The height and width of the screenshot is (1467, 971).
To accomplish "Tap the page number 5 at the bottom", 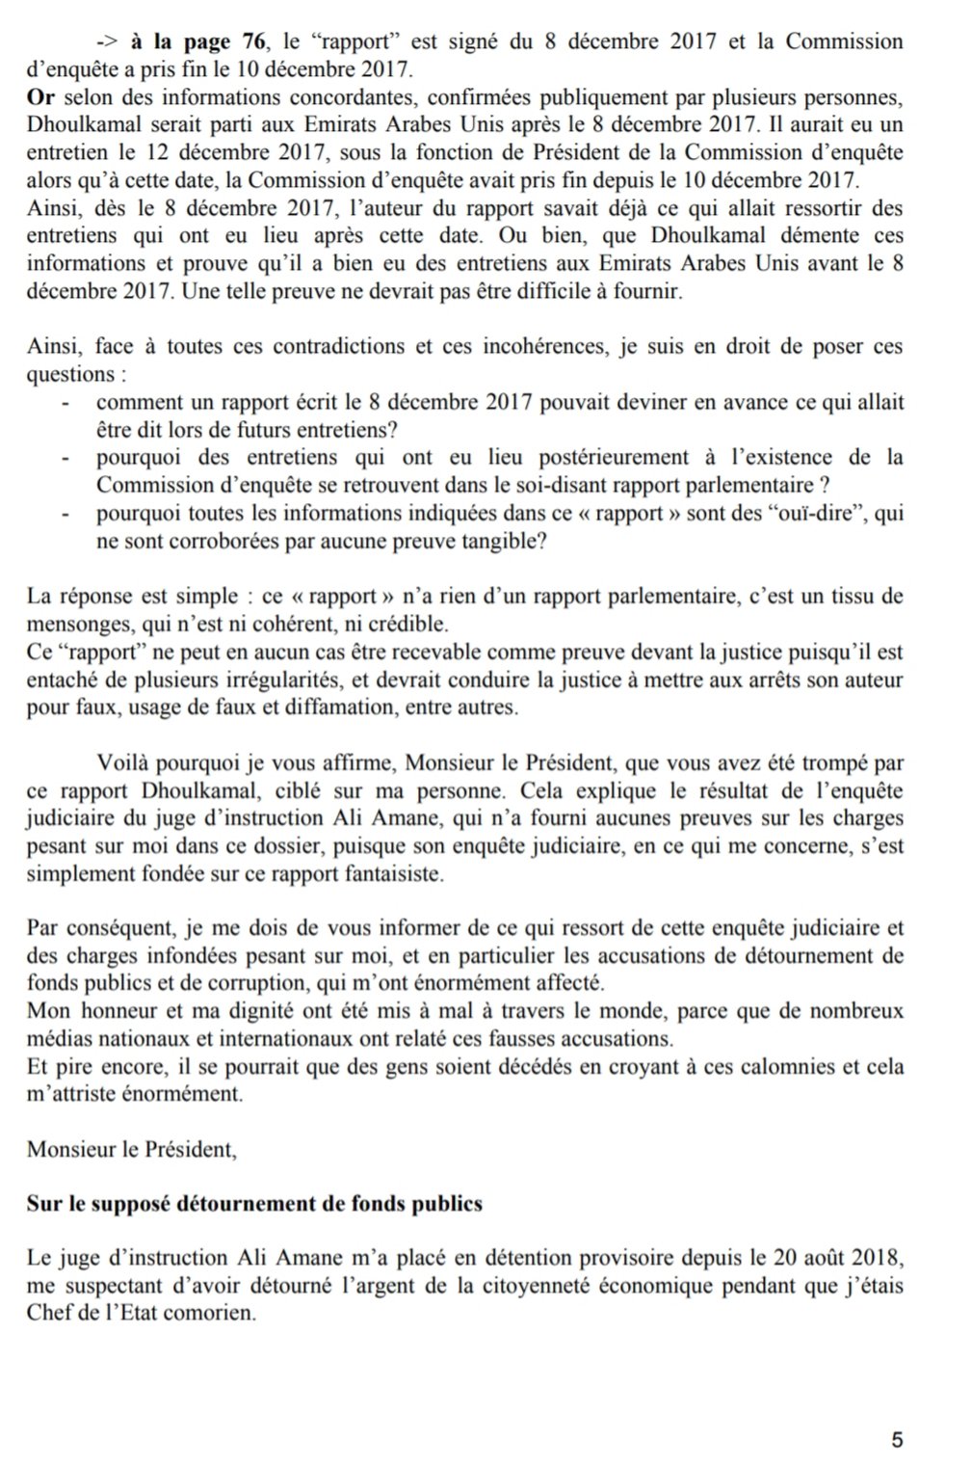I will point(898,1440).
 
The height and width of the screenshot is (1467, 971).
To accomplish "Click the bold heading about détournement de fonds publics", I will point(254,1204).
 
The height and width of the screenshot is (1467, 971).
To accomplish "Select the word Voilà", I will point(123,763).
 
